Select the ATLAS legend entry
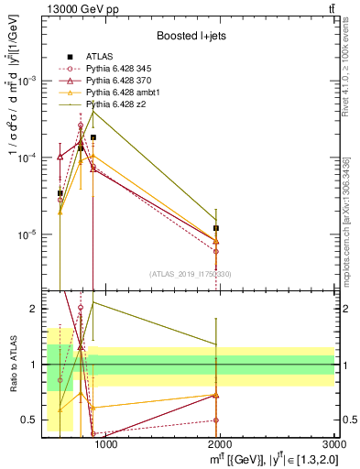[101, 56]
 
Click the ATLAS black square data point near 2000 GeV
[216, 228]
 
